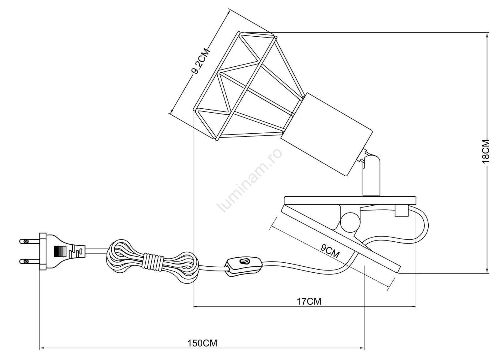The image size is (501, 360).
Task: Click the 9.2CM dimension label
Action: click(x=201, y=62)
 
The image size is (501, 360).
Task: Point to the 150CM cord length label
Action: click(x=202, y=343)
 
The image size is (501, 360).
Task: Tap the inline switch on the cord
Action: click(x=243, y=266)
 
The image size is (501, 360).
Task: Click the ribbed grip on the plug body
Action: click(x=60, y=251)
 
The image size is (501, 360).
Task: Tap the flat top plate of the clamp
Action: click(x=350, y=200)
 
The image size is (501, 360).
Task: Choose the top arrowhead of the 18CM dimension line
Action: click(x=487, y=35)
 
